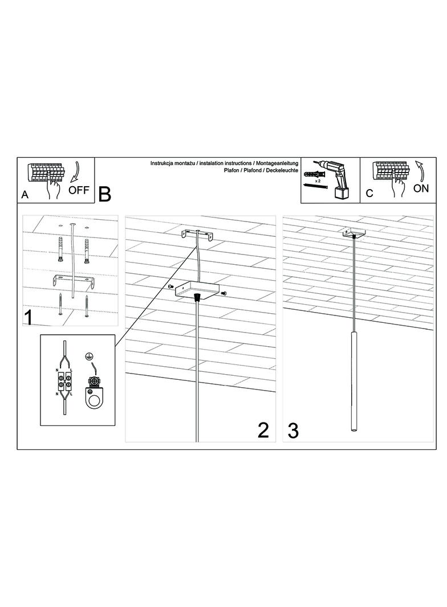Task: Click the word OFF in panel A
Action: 79,190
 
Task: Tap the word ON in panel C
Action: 421,188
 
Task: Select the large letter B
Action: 105,194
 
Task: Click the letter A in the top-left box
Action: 25,195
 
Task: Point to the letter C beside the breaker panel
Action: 369,193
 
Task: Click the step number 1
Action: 29,317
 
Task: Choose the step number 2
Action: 263,430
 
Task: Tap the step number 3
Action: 294,431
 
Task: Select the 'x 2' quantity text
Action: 317,181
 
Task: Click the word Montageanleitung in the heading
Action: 278,164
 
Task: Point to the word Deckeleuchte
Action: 282,170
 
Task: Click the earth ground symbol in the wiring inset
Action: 88,356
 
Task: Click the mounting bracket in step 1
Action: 74,281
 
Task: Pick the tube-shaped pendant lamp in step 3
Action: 353,380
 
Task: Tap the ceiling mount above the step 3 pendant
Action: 353,233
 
